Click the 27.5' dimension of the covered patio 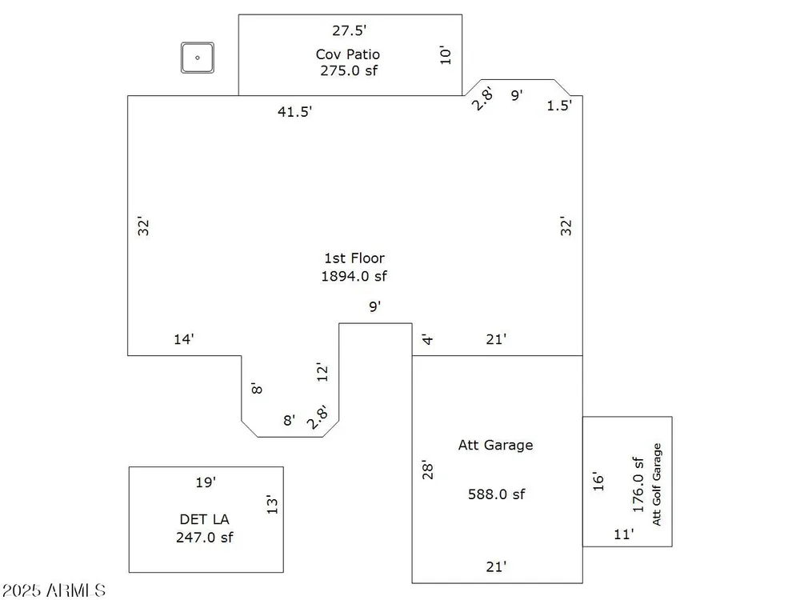349,30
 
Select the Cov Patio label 348,54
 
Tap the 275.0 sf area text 349,70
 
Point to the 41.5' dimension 294,111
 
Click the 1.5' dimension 559,105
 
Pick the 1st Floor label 354,258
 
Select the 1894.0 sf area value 354,276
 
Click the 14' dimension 184,339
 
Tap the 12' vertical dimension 322,373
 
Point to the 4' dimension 427,339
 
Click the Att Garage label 495,445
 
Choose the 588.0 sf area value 497,494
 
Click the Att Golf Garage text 657,484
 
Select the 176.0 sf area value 638,485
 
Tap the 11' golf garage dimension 623,534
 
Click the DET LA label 204,519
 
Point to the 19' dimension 206,482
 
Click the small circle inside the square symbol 198,58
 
